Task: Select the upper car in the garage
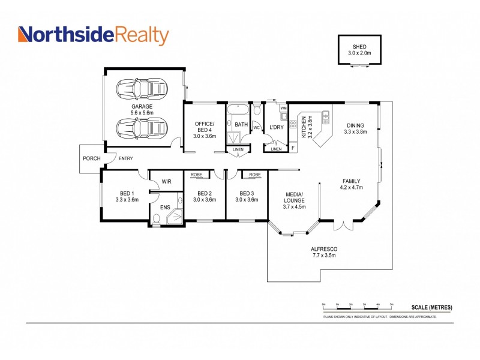pos(142,89)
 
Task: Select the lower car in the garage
pos(142,128)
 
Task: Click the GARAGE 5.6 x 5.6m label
pos(142,109)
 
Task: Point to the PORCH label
pos(91,159)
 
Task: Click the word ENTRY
pos(126,158)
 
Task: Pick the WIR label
pos(167,181)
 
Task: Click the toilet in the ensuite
pos(157,219)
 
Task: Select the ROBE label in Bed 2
pos(196,175)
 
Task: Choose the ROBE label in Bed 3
pos(254,175)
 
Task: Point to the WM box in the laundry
pos(283,108)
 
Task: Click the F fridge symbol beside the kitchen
pos(293,146)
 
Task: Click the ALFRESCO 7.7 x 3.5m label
pos(324,252)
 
